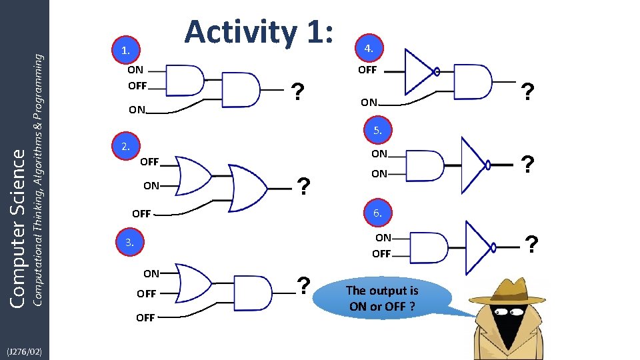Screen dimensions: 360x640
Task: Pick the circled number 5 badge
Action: pyautogui.click(x=377, y=130)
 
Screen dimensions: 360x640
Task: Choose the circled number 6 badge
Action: pyautogui.click(x=377, y=213)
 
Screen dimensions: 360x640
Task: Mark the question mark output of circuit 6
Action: pyautogui.click(x=532, y=245)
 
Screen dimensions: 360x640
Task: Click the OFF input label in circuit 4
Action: pyautogui.click(x=367, y=70)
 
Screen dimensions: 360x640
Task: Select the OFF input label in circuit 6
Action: pyautogui.click(x=381, y=254)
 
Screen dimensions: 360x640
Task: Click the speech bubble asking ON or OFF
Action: pyautogui.click(x=382, y=299)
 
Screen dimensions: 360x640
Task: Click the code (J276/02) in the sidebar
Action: pyautogui.click(x=24, y=351)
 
